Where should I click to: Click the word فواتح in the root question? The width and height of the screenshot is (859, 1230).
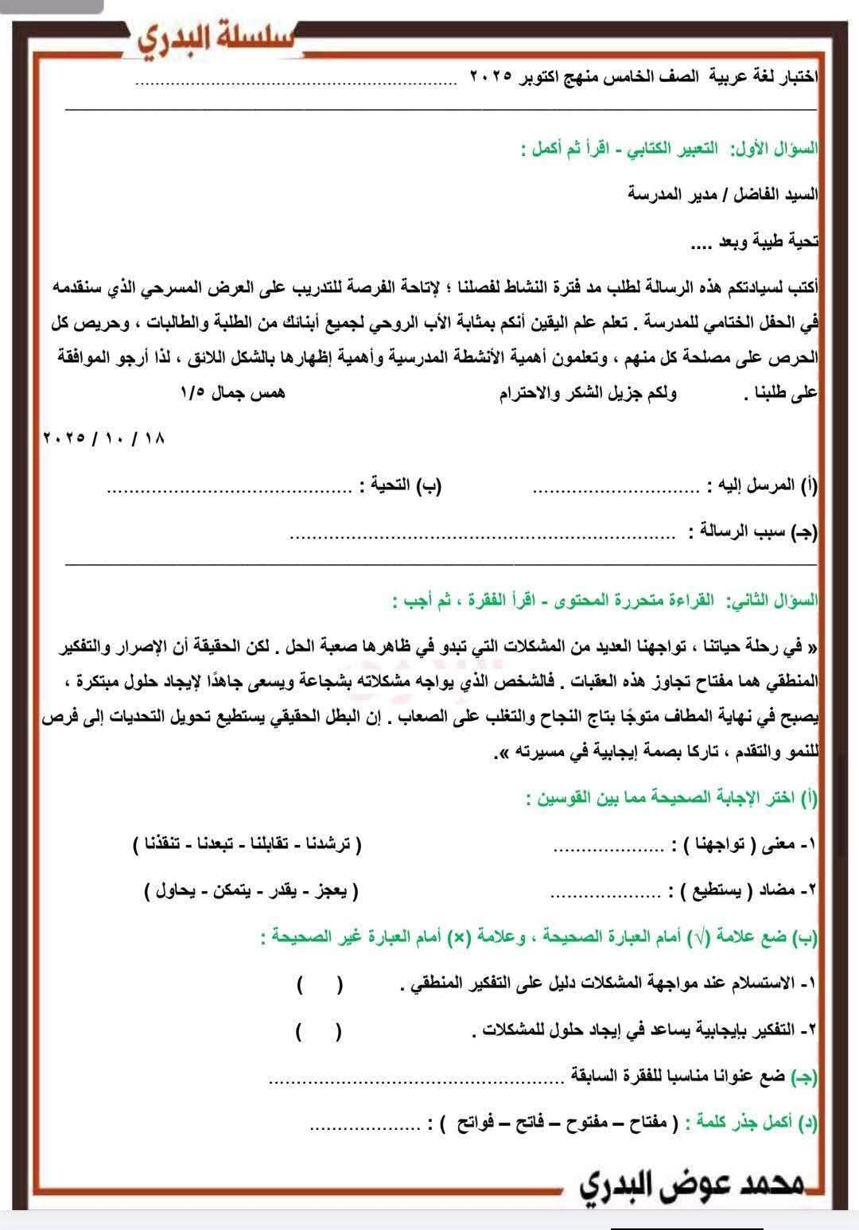472,1125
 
